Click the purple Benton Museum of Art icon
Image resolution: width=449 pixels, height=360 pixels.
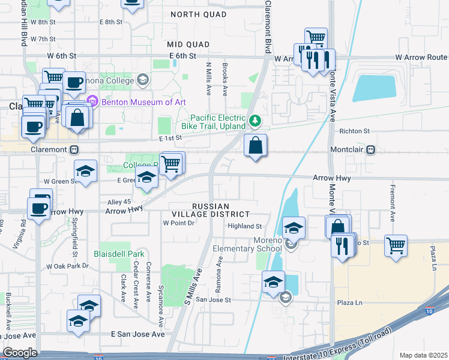[x=92, y=101]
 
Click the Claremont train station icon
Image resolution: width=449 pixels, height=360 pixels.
[x=74, y=149]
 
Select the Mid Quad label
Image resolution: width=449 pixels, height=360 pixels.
[x=188, y=44]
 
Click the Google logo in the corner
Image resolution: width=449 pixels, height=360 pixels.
[x=20, y=352]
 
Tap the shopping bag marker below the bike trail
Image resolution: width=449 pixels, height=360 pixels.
[x=256, y=146]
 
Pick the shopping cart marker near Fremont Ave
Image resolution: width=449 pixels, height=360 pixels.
[x=396, y=246]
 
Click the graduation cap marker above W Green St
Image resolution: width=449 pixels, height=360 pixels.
[x=86, y=172]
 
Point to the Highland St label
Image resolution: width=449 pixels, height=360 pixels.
[x=245, y=226]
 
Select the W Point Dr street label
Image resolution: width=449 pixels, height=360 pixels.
[x=179, y=223]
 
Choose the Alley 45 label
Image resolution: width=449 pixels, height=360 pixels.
[x=118, y=202]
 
